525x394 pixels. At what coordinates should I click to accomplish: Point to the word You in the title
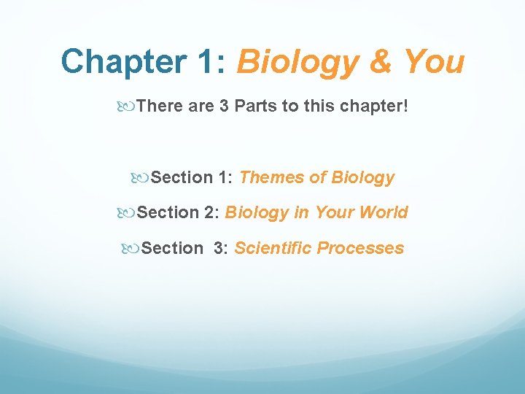pos(435,62)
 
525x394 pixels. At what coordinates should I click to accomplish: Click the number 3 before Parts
pos(224,106)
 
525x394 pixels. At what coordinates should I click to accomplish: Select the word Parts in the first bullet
pos(256,106)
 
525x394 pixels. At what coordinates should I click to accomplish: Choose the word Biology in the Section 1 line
pos(362,177)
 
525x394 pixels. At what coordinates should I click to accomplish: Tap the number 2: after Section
pos(211,212)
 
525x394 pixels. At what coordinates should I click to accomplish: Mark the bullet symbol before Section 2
pos(125,213)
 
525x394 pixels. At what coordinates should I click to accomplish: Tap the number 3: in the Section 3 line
pos(221,248)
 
